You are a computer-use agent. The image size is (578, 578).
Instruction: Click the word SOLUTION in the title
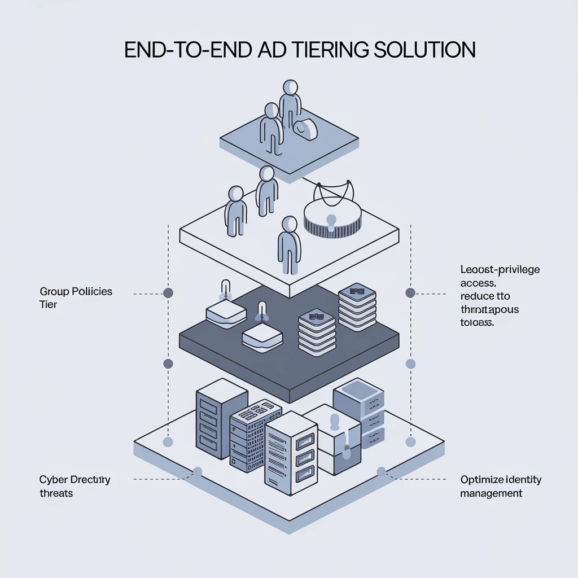[423, 50]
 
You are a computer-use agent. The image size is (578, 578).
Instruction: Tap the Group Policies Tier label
[76, 297]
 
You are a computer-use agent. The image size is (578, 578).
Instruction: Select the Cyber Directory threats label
[75, 486]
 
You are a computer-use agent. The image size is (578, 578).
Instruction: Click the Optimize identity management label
[501, 486]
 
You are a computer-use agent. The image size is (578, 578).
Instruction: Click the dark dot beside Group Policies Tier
[168, 293]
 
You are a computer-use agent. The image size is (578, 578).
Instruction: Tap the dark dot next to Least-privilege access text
[410, 292]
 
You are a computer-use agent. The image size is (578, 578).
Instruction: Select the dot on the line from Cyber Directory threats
[198, 472]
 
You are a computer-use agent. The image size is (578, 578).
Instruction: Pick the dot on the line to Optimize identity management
[381, 471]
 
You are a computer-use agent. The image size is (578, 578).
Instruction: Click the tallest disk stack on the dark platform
[357, 308]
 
